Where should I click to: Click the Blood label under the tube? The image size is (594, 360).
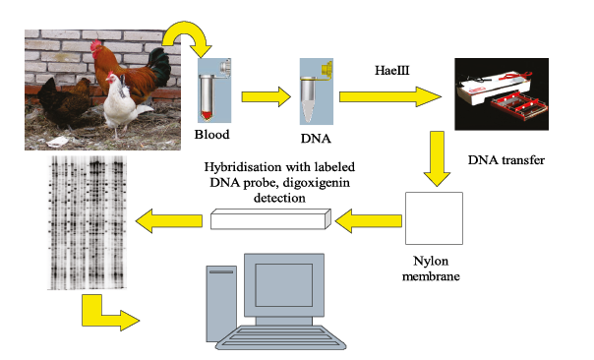click(x=211, y=135)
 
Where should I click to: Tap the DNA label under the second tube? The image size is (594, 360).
click(x=316, y=139)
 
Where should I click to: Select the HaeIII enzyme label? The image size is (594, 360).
click(x=392, y=71)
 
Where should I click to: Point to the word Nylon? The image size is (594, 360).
click(x=431, y=261)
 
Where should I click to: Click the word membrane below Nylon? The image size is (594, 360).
click(x=431, y=276)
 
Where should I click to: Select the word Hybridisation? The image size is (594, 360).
click(x=243, y=167)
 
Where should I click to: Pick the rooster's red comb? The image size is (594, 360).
click(x=96, y=44)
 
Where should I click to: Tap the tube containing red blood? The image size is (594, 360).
click(x=208, y=97)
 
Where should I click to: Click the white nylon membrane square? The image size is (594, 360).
click(x=434, y=218)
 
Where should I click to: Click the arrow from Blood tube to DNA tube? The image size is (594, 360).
click(x=267, y=97)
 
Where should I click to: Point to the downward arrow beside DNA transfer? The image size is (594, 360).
click(x=437, y=158)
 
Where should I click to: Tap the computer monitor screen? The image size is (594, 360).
click(x=284, y=285)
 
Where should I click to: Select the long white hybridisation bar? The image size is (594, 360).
click(x=270, y=219)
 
